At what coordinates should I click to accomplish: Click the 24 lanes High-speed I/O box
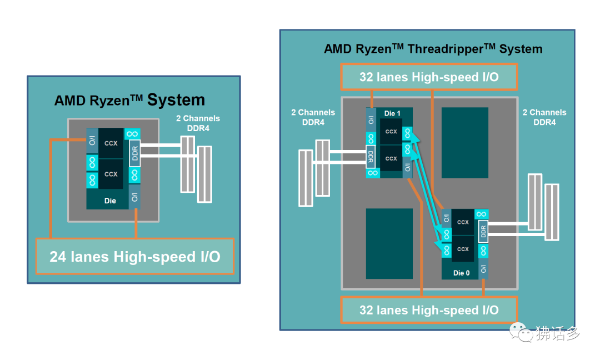[x=134, y=256]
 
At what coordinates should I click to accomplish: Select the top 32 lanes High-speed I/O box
[x=428, y=77]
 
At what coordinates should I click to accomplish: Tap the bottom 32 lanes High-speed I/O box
[x=428, y=309]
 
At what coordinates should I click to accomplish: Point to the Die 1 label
[x=392, y=113]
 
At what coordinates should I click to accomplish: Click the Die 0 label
[x=461, y=273]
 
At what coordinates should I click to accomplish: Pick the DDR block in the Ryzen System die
[x=134, y=153]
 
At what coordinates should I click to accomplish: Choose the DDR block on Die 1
[x=371, y=157]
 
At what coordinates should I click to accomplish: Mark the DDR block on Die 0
[x=483, y=231]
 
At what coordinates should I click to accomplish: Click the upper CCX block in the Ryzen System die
[x=111, y=143]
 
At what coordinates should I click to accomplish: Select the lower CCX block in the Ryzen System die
[x=111, y=174]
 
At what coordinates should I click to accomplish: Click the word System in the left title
[x=176, y=100]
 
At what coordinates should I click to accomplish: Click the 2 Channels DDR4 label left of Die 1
[x=313, y=117]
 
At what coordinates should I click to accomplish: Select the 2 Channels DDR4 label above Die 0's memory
[x=544, y=117]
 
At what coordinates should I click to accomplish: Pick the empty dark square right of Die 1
[x=464, y=143]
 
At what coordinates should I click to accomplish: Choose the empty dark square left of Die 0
[x=389, y=243]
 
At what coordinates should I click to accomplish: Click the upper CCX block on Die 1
[x=391, y=132]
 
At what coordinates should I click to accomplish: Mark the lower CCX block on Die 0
[x=463, y=249]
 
